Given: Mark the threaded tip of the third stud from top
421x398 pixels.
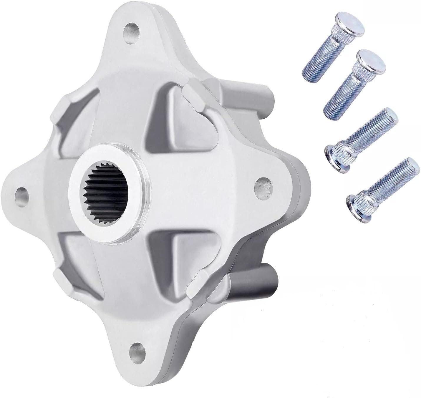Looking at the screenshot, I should coord(389,116).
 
